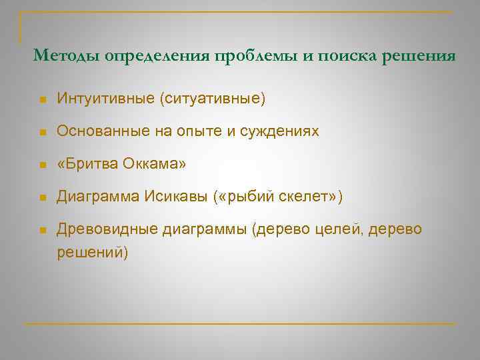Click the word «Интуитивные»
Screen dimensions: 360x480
click(x=105, y=99)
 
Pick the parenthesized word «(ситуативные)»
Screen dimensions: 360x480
click(x=212, y=99)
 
